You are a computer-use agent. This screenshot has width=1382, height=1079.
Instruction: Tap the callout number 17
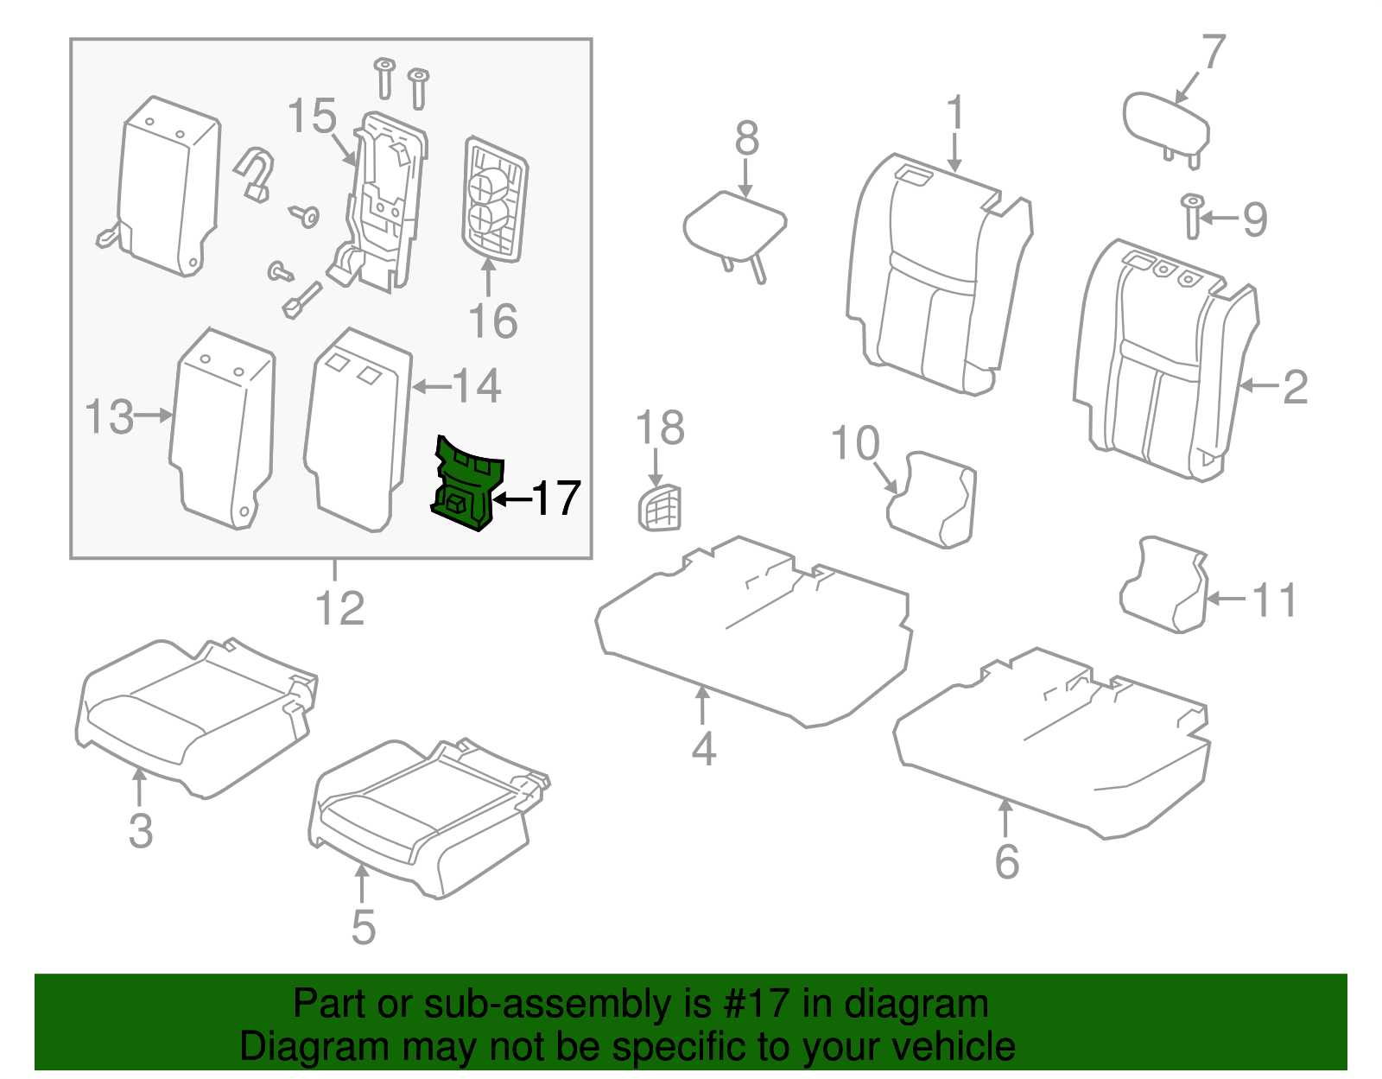point(556,498)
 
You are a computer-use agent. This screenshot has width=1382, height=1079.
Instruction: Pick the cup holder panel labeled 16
point(494,200)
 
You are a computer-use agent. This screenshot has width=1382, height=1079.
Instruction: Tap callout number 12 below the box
point(340,608)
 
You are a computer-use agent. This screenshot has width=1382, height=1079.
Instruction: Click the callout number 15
point(312,116)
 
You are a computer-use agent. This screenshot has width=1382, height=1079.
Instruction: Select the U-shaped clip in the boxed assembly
point(254,174)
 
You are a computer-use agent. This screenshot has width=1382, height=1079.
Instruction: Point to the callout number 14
point(476,385)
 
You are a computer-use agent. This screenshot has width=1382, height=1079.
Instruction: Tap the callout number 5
point(364,927)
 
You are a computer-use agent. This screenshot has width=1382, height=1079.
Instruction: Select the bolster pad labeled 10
point(933,498)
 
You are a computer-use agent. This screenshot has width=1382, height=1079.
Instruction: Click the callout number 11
point(1275,600)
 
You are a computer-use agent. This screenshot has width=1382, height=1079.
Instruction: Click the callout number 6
point(1007,861)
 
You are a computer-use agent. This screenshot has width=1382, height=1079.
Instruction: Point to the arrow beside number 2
point(1259,385)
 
